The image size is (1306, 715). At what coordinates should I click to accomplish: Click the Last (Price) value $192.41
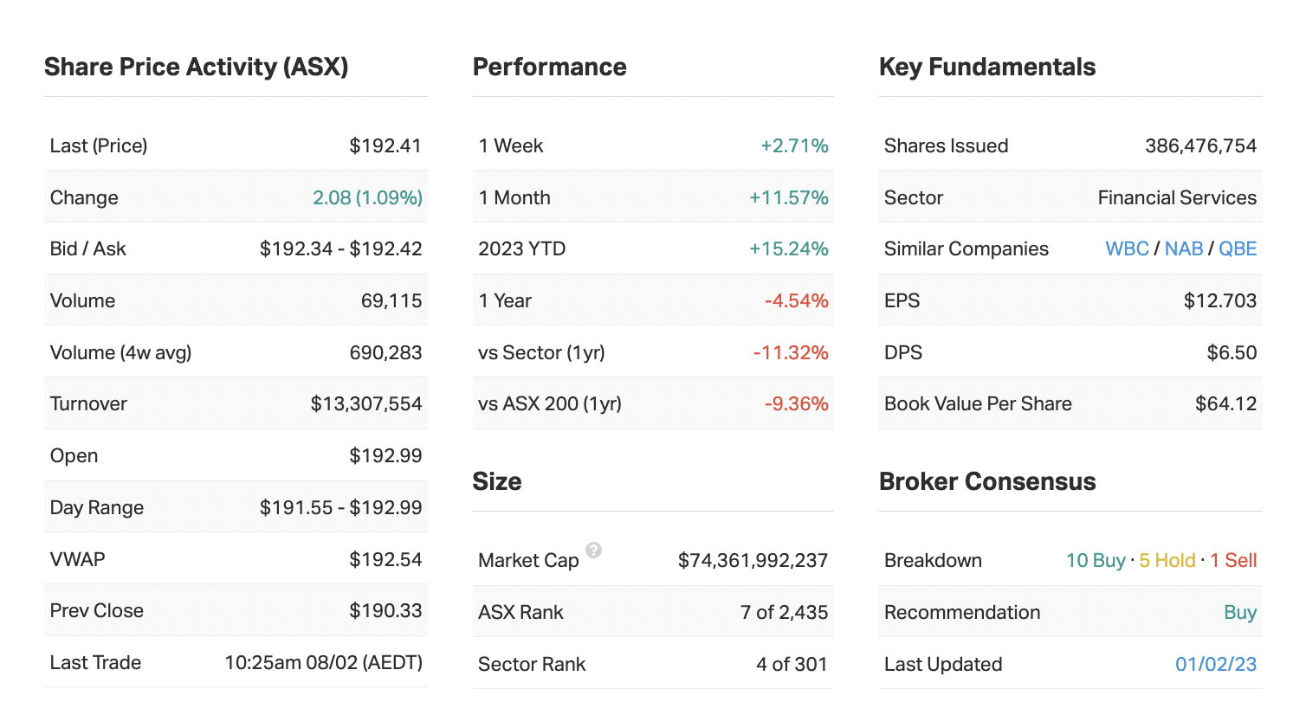pyautogui.click(x=385, y=145)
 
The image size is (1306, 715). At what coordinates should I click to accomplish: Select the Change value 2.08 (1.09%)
pyautogui.click(x=367, y=197)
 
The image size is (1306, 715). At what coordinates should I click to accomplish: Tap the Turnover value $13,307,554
pyautogui.click(x=366, y=403)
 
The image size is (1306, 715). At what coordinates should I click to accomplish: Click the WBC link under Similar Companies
pyautogui.click(x=1127, y=248)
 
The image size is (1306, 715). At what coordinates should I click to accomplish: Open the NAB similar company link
pyautogui.click(x=1183, y=248)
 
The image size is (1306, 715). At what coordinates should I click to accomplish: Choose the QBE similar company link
pyautogui.click(x=1238, y=248)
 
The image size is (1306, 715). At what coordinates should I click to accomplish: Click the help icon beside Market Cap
pyautogui.click(x=593, y=550)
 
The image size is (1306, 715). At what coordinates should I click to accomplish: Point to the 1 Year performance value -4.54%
pyautogui.click(x=796, y=300)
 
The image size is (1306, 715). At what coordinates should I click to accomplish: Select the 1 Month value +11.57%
pyautogui.click(x=788, y=197)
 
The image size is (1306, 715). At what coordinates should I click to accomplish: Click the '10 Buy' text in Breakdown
pyautogui.click(x=1096, y=560)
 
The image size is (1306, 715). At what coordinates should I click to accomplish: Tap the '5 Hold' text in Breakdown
pyautogui.click(x=1167, y=560)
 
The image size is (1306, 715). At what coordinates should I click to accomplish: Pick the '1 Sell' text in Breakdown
pyautogui.click(x=1233, y=560)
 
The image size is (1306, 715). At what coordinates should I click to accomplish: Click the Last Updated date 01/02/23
pyautogui.click(x=1216, y=664)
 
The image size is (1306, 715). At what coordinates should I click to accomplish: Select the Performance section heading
pyautogui.click(x=549, y=67)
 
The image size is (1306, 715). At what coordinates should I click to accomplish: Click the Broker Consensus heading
pyautogui.click(x=987, y=481)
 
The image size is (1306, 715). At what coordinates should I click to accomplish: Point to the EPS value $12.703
pyautogui.click(x=1219, y=300)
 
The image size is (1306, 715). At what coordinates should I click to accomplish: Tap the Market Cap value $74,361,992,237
pyautogui.click(x=753, y=560)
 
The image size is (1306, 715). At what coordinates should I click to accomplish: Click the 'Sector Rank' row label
pyautogui.click(x=532, y=664)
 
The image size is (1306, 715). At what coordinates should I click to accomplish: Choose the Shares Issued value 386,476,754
pyautogui.click(x=1200, y=145)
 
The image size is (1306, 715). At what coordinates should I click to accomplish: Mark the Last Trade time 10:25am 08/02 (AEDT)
pyautogui.click(x=323, y=662)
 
